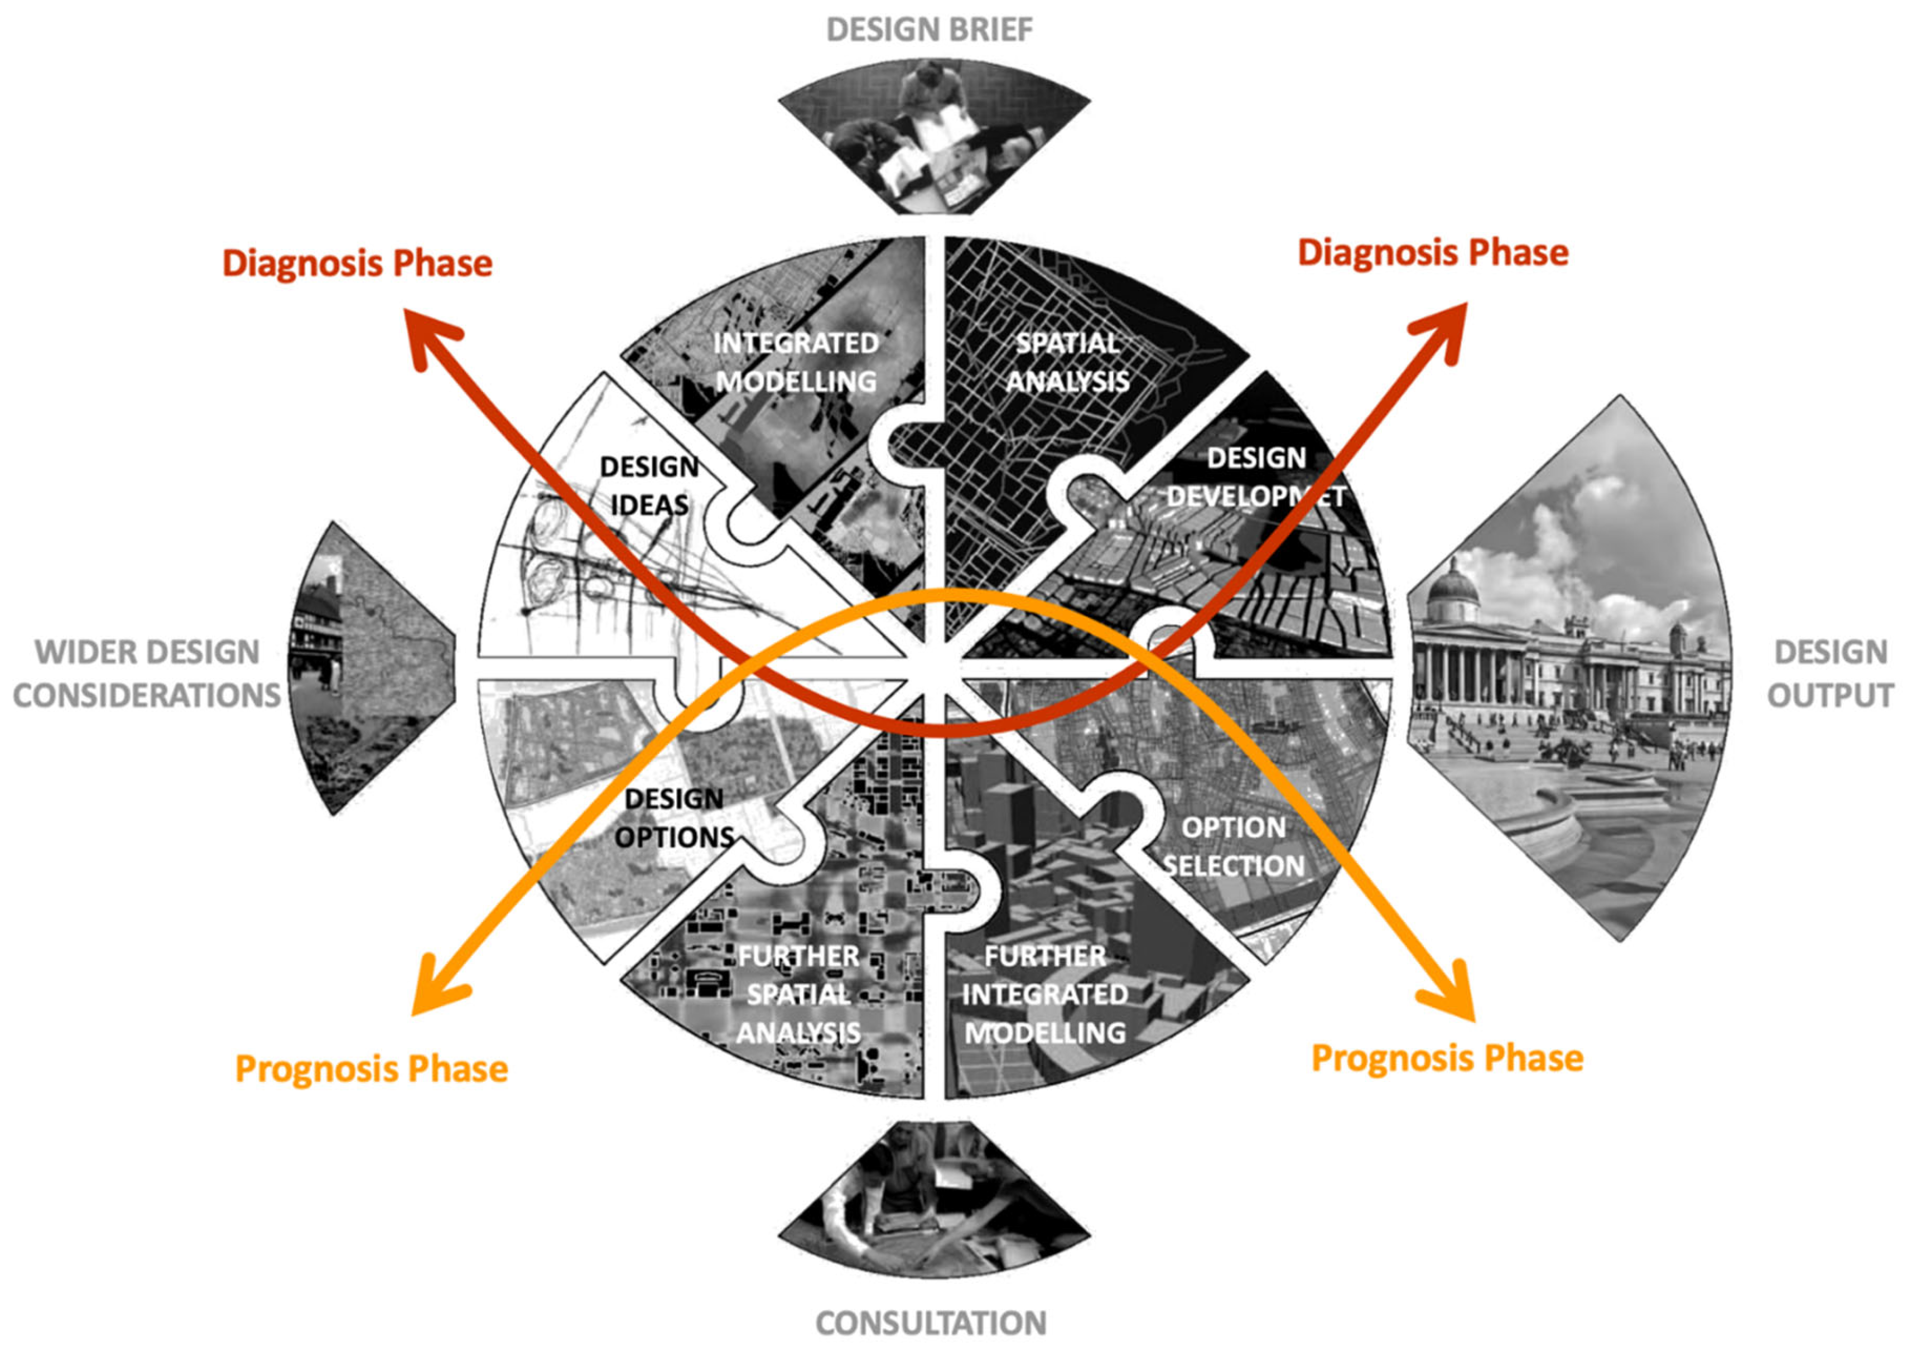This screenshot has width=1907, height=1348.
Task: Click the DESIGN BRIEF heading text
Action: [930, 30]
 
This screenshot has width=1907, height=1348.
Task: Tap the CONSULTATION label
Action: [930, 1322]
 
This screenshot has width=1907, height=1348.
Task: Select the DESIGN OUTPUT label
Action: [1830, 673]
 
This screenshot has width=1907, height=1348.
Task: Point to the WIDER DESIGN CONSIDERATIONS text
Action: [147, 673]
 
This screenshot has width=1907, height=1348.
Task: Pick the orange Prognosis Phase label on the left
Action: [371, 1069]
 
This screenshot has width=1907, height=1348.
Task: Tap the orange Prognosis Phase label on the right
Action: [1447, 1058]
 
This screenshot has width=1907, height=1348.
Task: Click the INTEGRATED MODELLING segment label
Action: [796, 362]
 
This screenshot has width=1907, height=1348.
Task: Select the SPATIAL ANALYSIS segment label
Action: [1067, 362]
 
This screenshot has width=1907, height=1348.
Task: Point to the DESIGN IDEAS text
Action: [649, 486]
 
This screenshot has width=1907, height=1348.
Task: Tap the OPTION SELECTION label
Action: [1234, 846]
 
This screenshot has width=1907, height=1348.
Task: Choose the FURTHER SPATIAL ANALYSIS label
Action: [798, 994]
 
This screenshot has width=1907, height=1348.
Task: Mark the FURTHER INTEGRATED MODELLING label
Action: [1045, 994]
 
